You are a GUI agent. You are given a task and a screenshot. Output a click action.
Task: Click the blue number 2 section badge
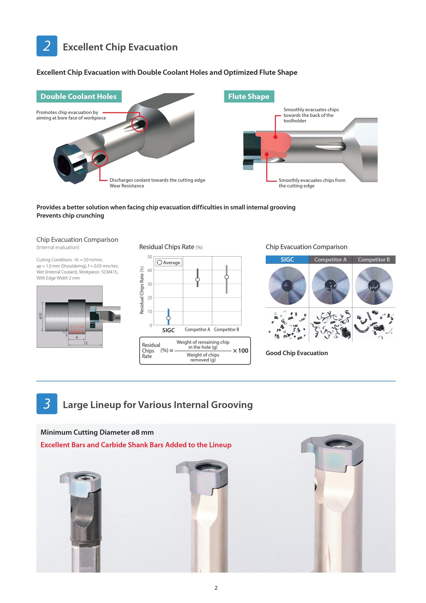[47, 46]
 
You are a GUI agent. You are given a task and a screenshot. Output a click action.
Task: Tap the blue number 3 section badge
[47, 404]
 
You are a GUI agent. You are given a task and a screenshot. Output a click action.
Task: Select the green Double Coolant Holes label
[79, 96]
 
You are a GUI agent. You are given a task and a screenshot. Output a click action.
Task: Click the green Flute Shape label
[249, 96]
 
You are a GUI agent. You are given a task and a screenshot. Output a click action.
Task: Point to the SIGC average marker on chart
[168, 318]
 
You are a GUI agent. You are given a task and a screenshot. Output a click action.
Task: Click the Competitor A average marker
[197, 279]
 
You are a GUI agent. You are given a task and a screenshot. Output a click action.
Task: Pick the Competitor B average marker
[227, 277]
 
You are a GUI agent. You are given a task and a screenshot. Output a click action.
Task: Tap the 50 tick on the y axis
[150, 257]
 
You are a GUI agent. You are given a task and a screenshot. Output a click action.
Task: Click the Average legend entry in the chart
[169, 262]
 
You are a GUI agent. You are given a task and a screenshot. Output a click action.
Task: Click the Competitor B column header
[374, 259]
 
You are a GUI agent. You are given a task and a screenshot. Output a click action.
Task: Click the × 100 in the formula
[241, 351]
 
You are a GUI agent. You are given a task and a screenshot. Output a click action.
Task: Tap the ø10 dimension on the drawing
[40, 316]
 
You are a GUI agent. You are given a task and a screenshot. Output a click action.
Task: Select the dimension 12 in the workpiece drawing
[85, 343]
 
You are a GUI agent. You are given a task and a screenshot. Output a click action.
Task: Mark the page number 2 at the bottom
[216, 588]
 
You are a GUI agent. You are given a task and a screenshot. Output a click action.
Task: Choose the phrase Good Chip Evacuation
[297, 353]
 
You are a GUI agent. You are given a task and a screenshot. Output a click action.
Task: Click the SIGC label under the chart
[168, 330]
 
